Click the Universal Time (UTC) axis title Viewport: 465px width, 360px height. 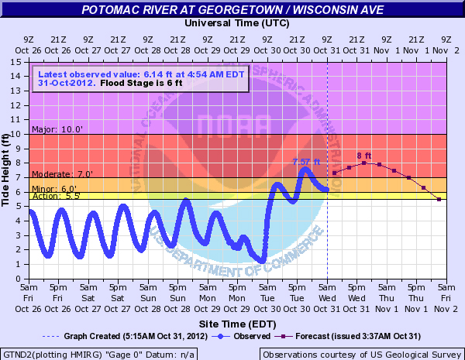point(232,23)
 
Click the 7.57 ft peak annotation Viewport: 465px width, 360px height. point(306,161)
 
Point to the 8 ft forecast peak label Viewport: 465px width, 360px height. point(364,156)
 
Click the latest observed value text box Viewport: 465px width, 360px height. point(139,79)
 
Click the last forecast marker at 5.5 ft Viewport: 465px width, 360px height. point(439,200)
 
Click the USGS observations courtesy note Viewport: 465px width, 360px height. point(361,354)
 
